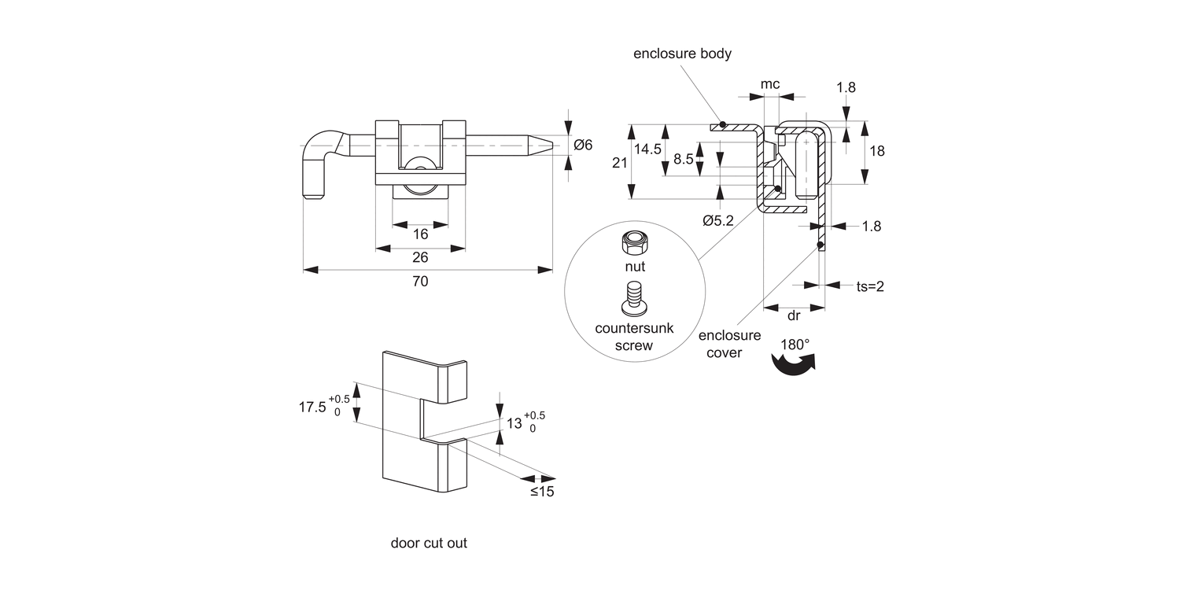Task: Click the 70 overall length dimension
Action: [420, 281]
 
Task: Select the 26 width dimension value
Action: [420, 257]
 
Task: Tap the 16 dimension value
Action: [420, 234]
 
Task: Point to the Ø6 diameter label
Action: [583, 144]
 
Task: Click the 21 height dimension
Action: [619, 162]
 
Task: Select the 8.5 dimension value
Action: [684, 159]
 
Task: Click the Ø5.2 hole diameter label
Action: [717, 221]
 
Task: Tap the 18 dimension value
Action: [877, 151]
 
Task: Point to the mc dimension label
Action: [770, 83]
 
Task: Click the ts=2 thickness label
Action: [870, 286]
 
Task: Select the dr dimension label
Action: [794, 315]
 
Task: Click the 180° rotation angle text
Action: [795, 345]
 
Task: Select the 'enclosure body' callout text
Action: [683, 53]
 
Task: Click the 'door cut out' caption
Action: [429, 543]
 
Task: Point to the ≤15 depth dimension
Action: [541, 492]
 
